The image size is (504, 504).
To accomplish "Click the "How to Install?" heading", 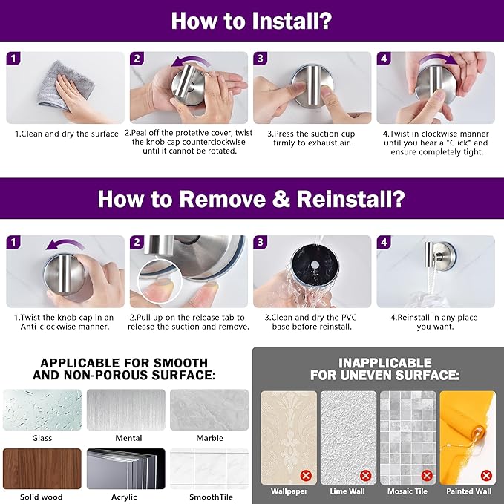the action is (252, 21).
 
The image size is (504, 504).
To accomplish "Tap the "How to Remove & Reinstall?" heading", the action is (252, 199).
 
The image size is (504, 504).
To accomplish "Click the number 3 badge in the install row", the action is (261, 59).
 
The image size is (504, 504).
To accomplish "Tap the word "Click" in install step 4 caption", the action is (459, 143).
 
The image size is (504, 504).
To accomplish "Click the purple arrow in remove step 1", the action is (65, 244).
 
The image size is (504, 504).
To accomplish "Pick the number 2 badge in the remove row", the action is (137, 242).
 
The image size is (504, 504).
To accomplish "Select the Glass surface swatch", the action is (42, 410).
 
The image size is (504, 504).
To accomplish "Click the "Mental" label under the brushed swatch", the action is (128, 438).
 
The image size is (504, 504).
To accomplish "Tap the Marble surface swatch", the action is (209, 410).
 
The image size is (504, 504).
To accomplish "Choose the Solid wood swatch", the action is (42, 469).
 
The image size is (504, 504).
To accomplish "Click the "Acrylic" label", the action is (124, 497).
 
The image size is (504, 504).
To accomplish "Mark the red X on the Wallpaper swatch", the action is (306, 475).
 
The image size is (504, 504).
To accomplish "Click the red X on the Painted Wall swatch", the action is (487, 475).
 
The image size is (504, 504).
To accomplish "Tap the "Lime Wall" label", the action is (347, 491).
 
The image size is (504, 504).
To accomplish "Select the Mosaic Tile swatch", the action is (408, 438).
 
